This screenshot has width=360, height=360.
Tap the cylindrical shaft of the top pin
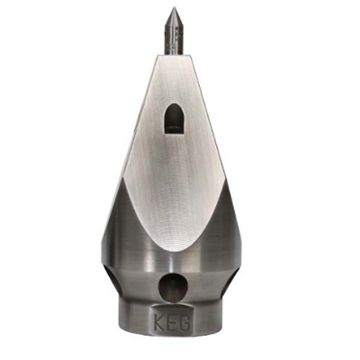tap(174, 39)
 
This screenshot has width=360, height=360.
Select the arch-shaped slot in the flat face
tap(174, 119)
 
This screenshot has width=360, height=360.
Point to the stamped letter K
tap(159, 321)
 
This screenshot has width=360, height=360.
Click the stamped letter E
tap(173, 322)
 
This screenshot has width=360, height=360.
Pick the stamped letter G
tap(185, 322)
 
